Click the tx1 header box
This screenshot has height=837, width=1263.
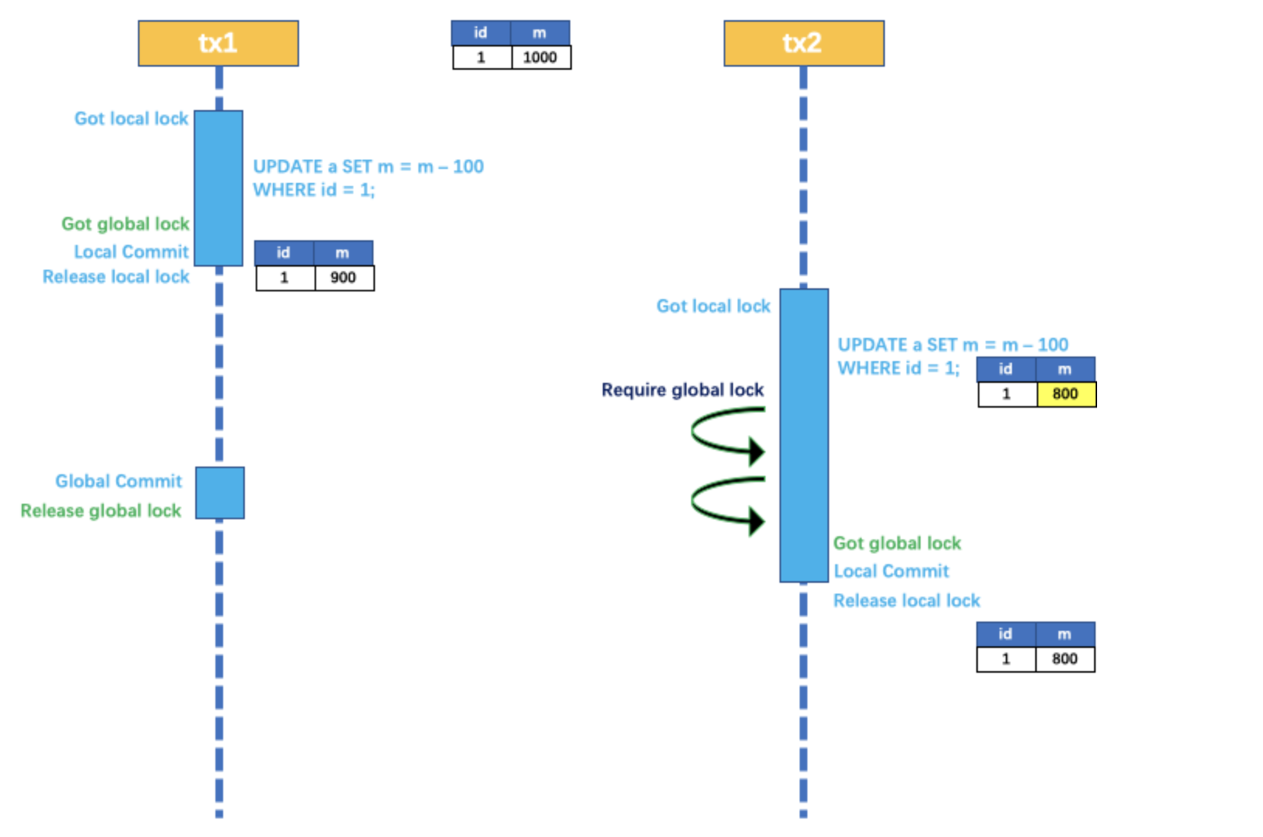[x=218, y=43]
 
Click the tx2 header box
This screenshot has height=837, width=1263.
[x=804, y=43]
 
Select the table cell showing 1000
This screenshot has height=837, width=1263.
[x=540, y=57]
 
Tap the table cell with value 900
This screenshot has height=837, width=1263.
[x=343, y=277]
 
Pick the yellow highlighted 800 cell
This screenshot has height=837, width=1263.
[x=1065, y=394]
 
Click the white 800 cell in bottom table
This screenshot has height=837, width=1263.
[x=1065, y=659]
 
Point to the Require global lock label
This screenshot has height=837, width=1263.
[x=682, y=390]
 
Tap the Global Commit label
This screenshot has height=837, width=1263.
[x=119, y=481]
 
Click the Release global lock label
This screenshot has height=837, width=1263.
[x=101, y=511]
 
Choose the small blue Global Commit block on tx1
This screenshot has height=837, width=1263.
[x=220, y=493]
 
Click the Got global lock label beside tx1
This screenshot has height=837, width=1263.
[x=126, y=224]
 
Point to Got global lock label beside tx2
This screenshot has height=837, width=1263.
[x=896, y=543]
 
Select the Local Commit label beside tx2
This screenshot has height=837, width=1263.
[x=891, y=571]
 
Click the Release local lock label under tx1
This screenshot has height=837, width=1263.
[x=116, y=277]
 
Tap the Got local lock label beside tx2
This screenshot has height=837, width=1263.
[x=713, y=306]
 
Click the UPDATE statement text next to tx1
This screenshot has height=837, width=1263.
[x=368, y=178]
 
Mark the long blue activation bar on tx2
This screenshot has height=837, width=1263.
[x=804, y=434]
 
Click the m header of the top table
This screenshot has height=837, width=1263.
[x=539, y=33]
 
